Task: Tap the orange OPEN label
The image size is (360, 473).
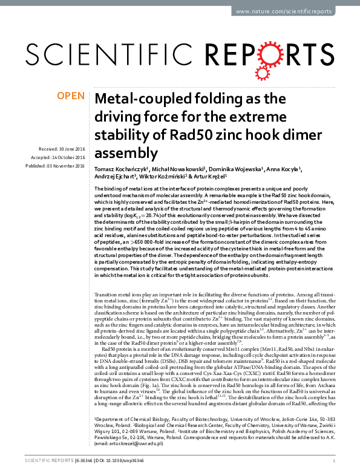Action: [x=71, y=96]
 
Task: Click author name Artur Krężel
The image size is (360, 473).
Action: [x=206, y=177]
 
